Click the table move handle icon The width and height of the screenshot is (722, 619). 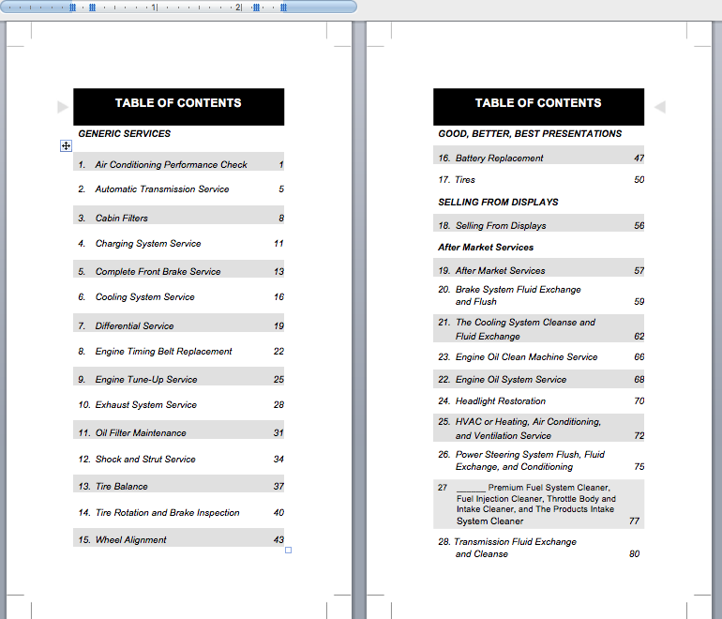pos(66,145)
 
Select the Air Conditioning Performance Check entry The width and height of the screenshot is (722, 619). pos(171,165)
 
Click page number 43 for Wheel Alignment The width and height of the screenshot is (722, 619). pos(278,540)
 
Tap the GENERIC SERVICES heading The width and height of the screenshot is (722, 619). pos(124,134)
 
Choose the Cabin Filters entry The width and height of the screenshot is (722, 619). pos(121,219)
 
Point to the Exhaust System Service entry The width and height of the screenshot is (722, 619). pos(145,405)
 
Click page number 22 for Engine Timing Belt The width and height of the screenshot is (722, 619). pos(278,352)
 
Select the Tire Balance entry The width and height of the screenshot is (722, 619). pos(121,487)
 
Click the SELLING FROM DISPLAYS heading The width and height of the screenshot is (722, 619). pos(498,203)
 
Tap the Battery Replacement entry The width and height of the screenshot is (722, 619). pos(499,159)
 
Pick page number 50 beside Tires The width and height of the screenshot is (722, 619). pos(639,180)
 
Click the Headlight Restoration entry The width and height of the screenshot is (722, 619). pos(500,401)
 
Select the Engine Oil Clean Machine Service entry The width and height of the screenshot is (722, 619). pos(526,357)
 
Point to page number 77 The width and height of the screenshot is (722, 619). pos(635,521)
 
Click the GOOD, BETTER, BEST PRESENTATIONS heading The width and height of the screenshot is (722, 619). pos(530,134)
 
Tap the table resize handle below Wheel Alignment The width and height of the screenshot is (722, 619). pos(288,551)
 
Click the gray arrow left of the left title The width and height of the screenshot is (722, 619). pos(63,107)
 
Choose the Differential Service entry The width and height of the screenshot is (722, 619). pos(134,326)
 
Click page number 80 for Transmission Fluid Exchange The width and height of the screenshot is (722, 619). pos(635,554)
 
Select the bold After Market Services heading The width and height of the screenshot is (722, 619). pos(486,248)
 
